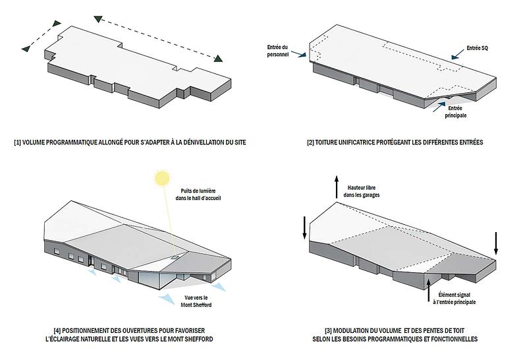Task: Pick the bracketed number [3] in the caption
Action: coord(323,330)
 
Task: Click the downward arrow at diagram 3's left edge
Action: coord(304,227)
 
